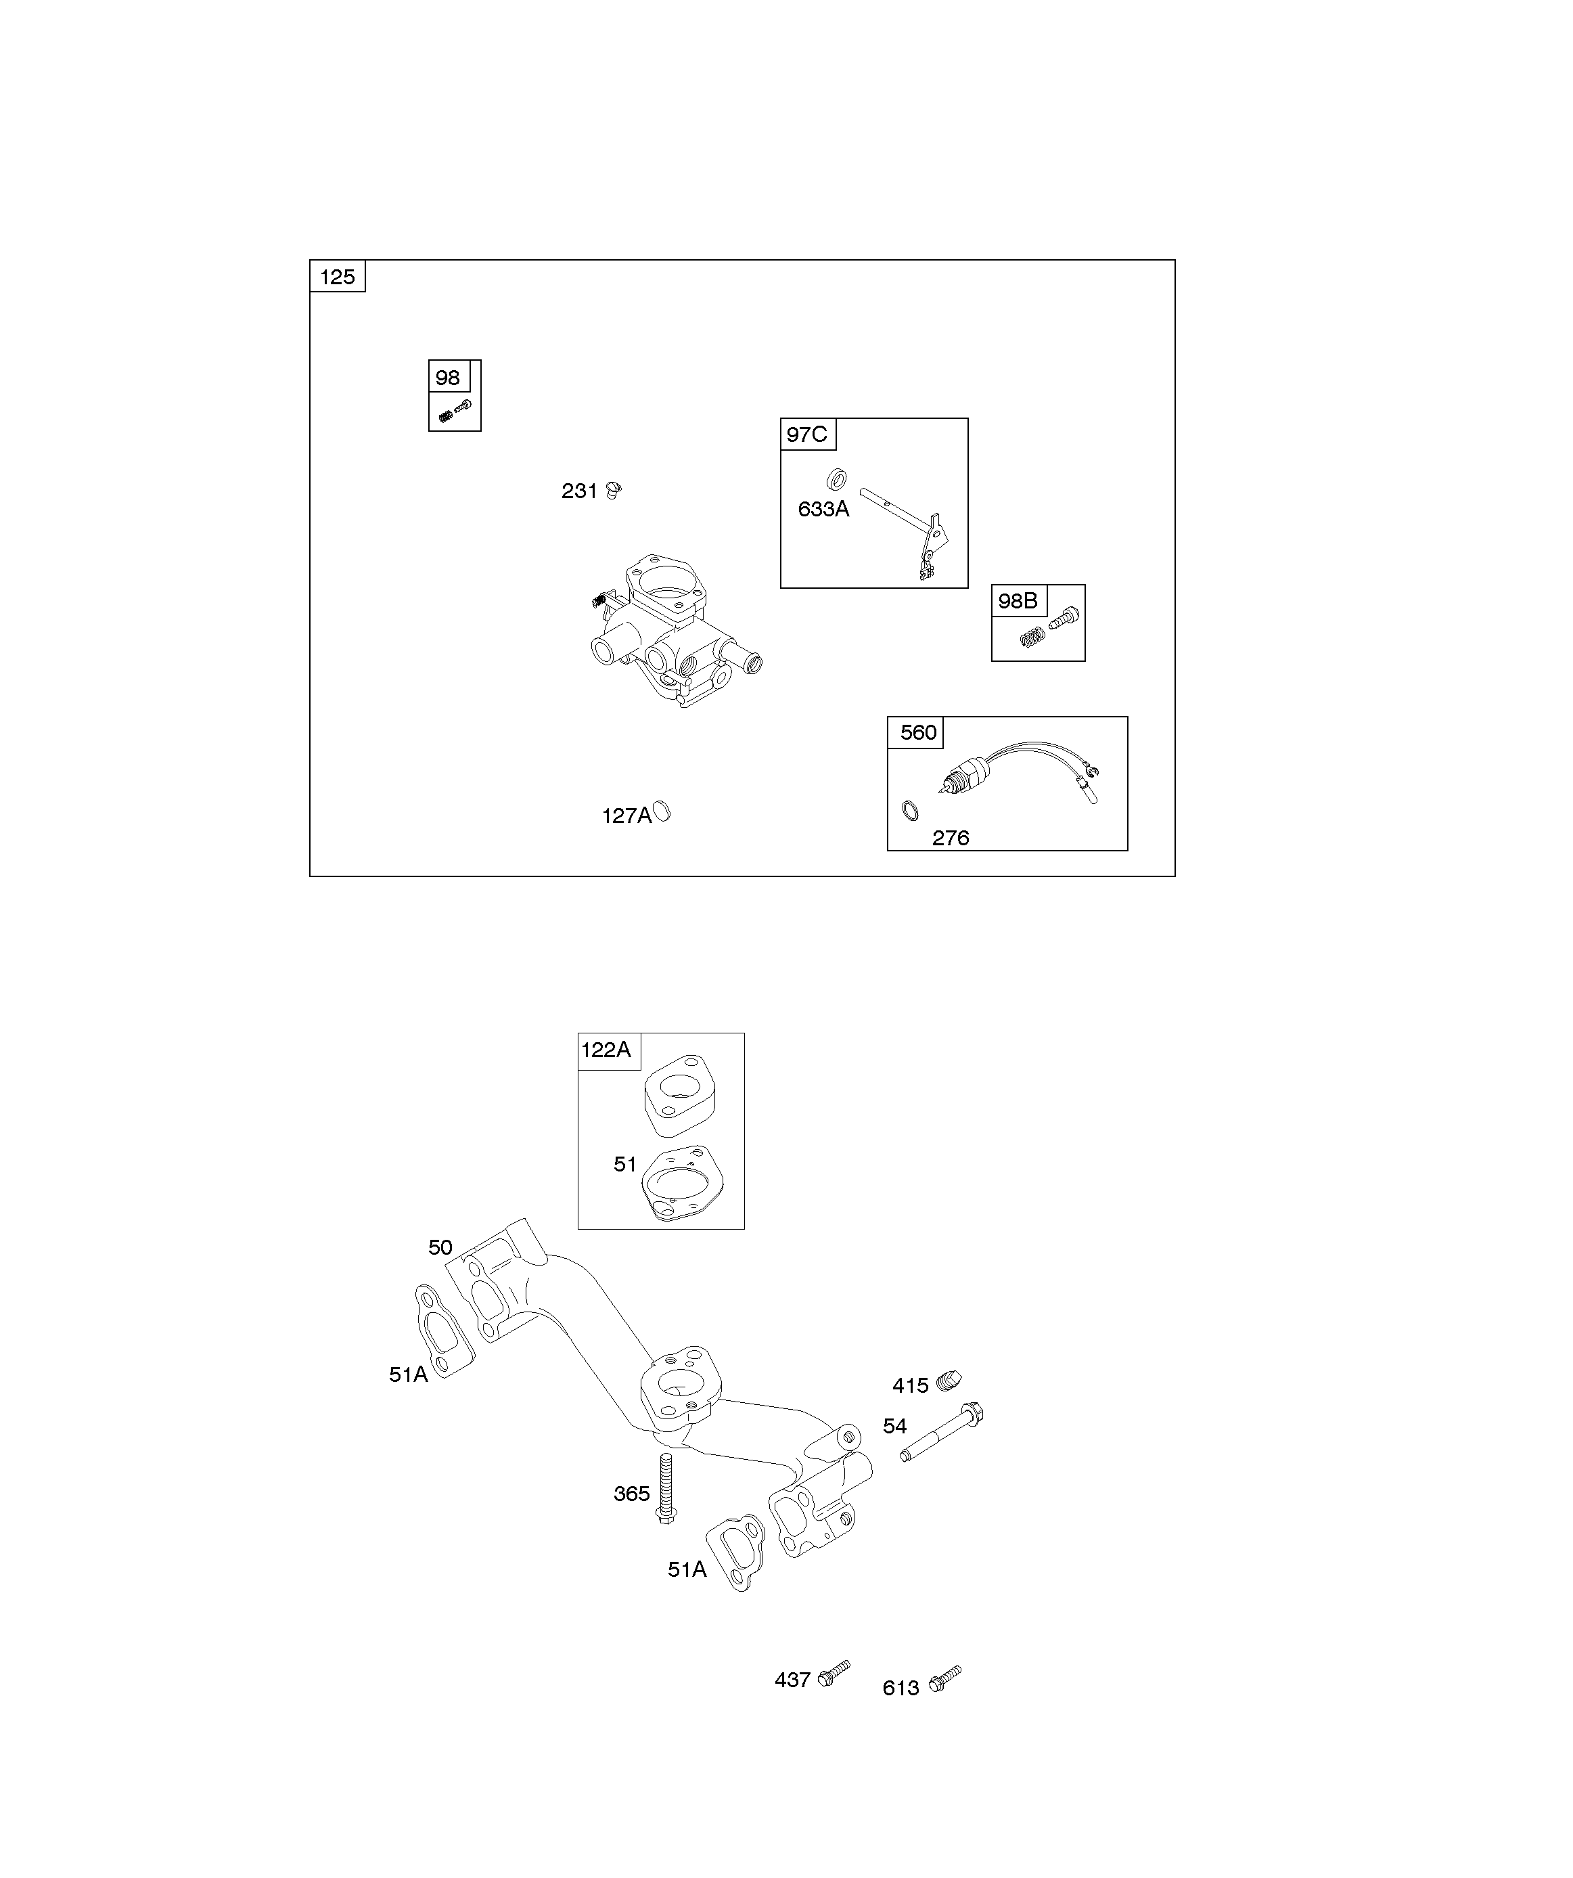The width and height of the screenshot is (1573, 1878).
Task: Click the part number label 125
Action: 337,277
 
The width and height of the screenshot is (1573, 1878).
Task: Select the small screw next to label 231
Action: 614,489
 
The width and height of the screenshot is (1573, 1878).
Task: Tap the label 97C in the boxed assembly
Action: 806,434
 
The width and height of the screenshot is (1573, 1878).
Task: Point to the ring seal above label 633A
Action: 837,478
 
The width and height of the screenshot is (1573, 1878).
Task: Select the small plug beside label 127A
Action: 662,812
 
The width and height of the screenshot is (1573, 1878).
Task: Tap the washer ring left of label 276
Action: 909,810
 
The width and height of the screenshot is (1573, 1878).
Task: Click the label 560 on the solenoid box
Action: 917,732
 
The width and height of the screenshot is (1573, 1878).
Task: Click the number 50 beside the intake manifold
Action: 440,1247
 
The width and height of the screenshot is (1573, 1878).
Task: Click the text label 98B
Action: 1018,601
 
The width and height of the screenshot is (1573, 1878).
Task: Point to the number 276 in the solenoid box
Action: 950,838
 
